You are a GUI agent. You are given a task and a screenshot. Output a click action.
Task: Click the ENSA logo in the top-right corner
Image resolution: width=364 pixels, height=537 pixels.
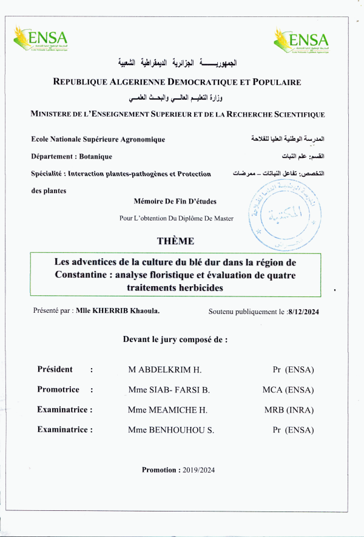tap(300, 41)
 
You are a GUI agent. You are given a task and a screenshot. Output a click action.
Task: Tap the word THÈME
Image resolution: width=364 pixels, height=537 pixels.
tap(175, 241)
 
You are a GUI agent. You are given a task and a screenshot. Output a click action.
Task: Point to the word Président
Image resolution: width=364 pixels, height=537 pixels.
tap(55, 369)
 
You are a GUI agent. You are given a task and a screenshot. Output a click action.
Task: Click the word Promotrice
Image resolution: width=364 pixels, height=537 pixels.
tap(58, 390)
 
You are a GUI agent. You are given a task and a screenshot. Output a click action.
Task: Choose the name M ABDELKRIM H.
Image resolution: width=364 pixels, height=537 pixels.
tap(164, 370)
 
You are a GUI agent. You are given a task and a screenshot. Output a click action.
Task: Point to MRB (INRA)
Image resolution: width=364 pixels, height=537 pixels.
tap(289, 410)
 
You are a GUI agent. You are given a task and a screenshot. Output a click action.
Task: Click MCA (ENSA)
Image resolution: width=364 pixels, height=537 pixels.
tap(288, 390)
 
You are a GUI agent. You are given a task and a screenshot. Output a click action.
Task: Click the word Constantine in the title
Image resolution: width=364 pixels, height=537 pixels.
tap(81, 275)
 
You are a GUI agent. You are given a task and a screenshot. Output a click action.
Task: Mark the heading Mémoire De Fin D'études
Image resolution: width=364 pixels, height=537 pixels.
tap(175, 202)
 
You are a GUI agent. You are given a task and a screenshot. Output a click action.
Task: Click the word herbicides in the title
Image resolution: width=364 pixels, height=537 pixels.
tap(195, 288)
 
